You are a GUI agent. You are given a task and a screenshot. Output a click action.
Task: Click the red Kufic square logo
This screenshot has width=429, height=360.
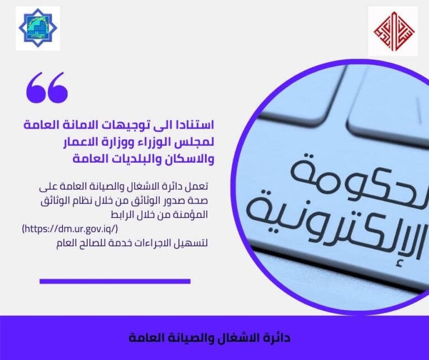(x=394, y=31)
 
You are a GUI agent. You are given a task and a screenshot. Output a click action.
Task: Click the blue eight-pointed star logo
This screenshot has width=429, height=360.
(x=38, y=29)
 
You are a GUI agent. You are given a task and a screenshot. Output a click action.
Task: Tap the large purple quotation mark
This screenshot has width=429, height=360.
(x=47, y=88)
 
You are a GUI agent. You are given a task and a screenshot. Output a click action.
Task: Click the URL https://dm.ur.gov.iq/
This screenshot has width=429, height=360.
(x=70, y=229)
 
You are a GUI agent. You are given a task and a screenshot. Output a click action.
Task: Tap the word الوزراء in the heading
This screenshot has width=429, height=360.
(x=152, y=143)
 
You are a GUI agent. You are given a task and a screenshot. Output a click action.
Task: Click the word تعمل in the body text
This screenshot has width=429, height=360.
(x=198, y=187)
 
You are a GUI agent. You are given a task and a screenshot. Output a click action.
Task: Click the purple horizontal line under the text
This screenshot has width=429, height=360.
(x=115, y=281)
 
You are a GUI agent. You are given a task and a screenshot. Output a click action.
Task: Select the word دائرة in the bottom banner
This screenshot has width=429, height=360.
(x=277, y=338)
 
